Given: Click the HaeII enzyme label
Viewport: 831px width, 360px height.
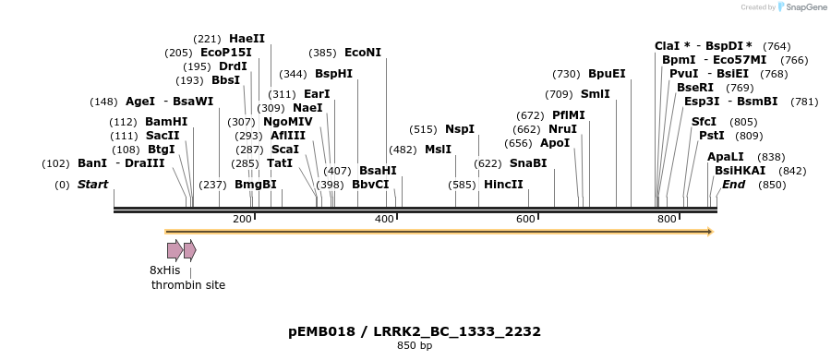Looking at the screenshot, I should point(247,39).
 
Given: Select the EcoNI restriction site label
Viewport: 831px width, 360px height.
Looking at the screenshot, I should point(362,53).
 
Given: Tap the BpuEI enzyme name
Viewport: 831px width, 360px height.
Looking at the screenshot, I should point(607,74).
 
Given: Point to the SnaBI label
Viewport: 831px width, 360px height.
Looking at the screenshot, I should point(528,163).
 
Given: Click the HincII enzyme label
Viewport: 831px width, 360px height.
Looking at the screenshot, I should point(503,185).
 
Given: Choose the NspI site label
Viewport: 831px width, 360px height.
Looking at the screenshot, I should point(460,129).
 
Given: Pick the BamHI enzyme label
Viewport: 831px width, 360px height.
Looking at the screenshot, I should point(166,122).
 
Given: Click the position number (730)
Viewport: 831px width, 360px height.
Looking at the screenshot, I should point(566,74).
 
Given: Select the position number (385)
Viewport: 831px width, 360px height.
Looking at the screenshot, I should point(322,53).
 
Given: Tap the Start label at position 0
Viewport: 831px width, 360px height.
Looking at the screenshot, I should point(92,185).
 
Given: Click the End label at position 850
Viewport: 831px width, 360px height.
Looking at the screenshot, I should point(733,185).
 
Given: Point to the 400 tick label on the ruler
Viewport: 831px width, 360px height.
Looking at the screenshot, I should point(384,219).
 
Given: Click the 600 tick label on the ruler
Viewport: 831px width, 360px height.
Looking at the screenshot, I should point(525,219).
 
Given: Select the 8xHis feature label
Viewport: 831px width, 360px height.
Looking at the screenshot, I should point(165,270).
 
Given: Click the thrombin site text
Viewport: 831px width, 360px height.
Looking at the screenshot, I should point(188,285).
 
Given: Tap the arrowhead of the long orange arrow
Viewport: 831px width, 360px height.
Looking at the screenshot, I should point(709,232).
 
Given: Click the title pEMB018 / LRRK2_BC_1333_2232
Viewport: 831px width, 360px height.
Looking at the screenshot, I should point(415,330).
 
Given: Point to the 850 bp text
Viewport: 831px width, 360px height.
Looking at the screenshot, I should point(415,346).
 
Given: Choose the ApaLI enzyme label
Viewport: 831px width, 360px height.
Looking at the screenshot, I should point(725,157).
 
